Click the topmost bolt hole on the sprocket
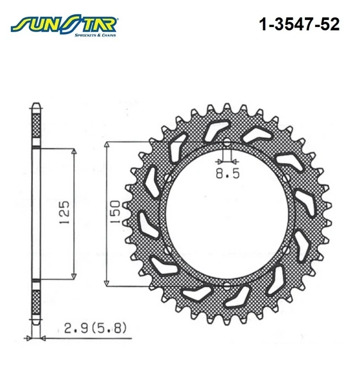click(227, 141)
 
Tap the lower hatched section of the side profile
click(36, 299)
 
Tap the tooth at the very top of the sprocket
click(227, 104)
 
